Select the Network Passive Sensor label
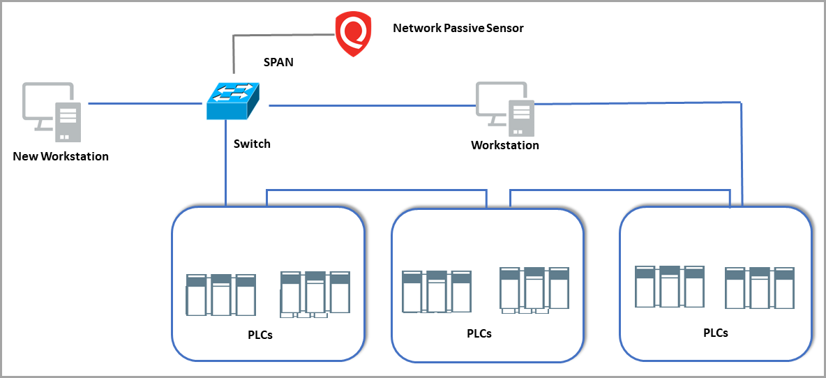pyautogui.click(x=458, y=29)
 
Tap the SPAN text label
pyautogui.click(x=278, y=62)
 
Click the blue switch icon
pyautogui.click(x=233, y=100)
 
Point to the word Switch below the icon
pyautogui.click(x=252, y=144)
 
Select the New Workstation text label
pyautogui.click(x=61, y=156)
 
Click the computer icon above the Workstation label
pyautogui.click(x=504, y=108)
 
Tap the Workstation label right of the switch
pyautogui.click(x=505, y=146)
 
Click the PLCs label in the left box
pyautogui.click(x=260, y=335)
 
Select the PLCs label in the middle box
pyautogui.click(x=479, y=333)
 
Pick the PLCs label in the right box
pyautogui.click(x=716, y=333)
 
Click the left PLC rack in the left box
pyautogui.click(x=220, y=294)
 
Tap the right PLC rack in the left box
pyautogui.click(x=315, y=294)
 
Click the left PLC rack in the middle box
pyautogui.click(x=437, y=291)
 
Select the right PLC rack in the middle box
pyautogui.click(x=534, y=289)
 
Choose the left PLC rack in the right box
pyautogui.click(x=670, y=286)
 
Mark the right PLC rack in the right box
pyautogui.click(x=760, y=287)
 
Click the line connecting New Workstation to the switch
pyautogui.click(x=144, y=105)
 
